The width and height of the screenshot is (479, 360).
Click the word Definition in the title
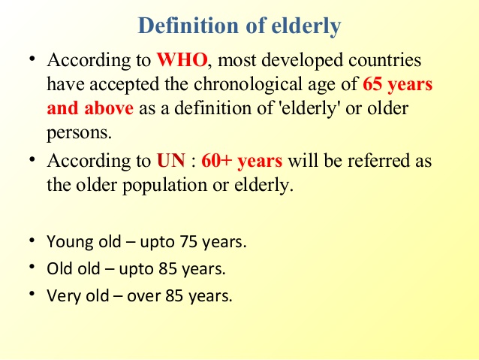[x=188, y=26]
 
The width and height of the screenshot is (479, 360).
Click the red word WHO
[x=182, y=59]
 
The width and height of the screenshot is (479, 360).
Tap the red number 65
[x=372, y=84]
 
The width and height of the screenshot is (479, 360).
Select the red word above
[x=109, y=108]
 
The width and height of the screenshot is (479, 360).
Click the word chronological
[x=248, y=85]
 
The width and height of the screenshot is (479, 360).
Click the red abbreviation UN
[x=171, y=160]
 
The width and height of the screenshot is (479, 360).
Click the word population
[x=165, y=186]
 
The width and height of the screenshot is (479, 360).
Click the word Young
[x=70, y=242]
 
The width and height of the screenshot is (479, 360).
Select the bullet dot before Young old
[x=32, y=240]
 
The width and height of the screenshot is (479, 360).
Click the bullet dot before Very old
[x=32, y=294]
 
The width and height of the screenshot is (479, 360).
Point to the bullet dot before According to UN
[x=32, y=159]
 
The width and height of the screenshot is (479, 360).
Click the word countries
[x=385, y=59]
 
